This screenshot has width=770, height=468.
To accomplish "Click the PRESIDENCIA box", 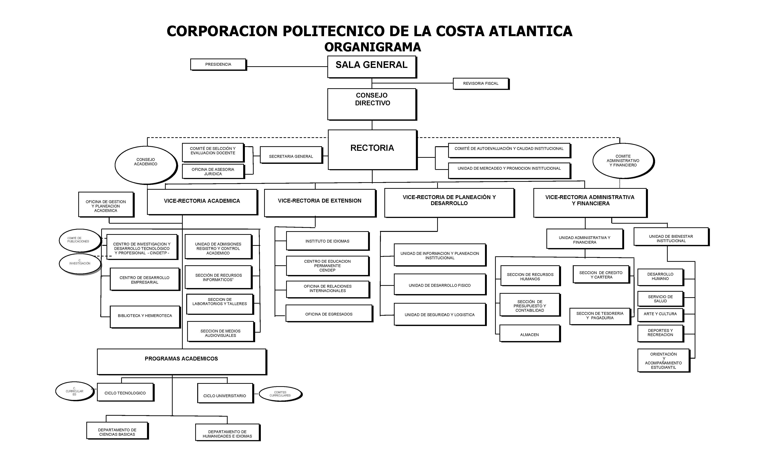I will (218, 64).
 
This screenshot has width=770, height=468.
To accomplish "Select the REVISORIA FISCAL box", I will (481, 83).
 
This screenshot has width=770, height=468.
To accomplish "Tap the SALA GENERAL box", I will (372, 66).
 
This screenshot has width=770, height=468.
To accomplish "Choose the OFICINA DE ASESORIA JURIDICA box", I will (213, 171).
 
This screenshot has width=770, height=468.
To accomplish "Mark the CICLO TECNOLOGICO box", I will (125, 392).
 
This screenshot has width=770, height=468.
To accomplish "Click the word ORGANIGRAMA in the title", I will (372, 47).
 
